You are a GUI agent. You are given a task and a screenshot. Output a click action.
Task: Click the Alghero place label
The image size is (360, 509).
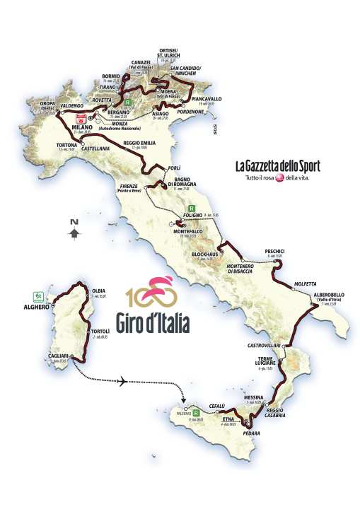35,308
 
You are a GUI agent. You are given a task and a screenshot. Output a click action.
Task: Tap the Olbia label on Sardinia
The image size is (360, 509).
98,291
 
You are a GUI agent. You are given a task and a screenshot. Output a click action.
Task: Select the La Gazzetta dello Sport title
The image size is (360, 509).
277,166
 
